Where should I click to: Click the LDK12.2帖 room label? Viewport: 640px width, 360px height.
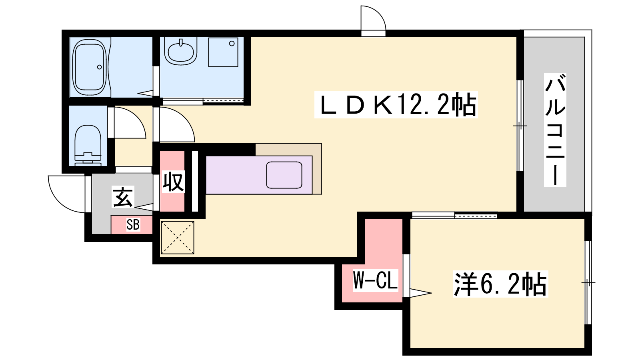pos(396,104)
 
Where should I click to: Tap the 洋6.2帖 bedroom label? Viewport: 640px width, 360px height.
pos(500,284)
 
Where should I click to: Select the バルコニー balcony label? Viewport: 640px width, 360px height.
pos(555,130)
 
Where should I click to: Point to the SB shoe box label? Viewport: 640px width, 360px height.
pos(133,224)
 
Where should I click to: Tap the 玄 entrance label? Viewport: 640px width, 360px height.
pos(123,197)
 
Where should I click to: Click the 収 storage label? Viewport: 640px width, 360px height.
pos(173,182)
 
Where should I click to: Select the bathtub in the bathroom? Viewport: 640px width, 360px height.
pos(90,68)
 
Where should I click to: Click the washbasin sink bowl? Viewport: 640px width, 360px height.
pos(181,52)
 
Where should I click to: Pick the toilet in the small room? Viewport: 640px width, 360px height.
pos(88,146)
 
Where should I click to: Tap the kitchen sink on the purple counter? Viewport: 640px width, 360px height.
pos(284,175)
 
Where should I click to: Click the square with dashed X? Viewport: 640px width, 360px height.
pos(178,238)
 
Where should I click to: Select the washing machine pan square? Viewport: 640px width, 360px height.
pos(223,52)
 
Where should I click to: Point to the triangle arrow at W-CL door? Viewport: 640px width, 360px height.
pos(420,293)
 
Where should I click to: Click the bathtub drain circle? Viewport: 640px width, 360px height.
pos(100,67)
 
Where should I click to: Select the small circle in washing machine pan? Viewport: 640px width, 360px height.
pos(232,44)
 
